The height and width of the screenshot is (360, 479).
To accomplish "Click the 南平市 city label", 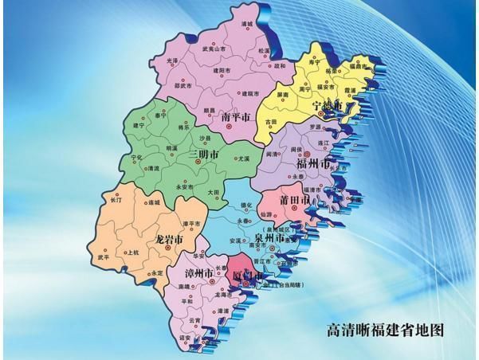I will pos(236,118).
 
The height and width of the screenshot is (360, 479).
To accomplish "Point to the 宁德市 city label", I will pos(328,106).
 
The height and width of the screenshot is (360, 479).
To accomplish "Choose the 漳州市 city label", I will pos(196,274).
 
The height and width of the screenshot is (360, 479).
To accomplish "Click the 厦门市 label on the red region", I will pos(247,276).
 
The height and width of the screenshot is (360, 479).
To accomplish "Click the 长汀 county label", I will pos(116,200).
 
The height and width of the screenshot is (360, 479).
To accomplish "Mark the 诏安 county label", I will pos(184,337).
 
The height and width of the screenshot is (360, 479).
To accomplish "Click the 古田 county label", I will pos(272,121).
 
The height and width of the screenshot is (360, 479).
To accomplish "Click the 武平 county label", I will pos(104,257).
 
